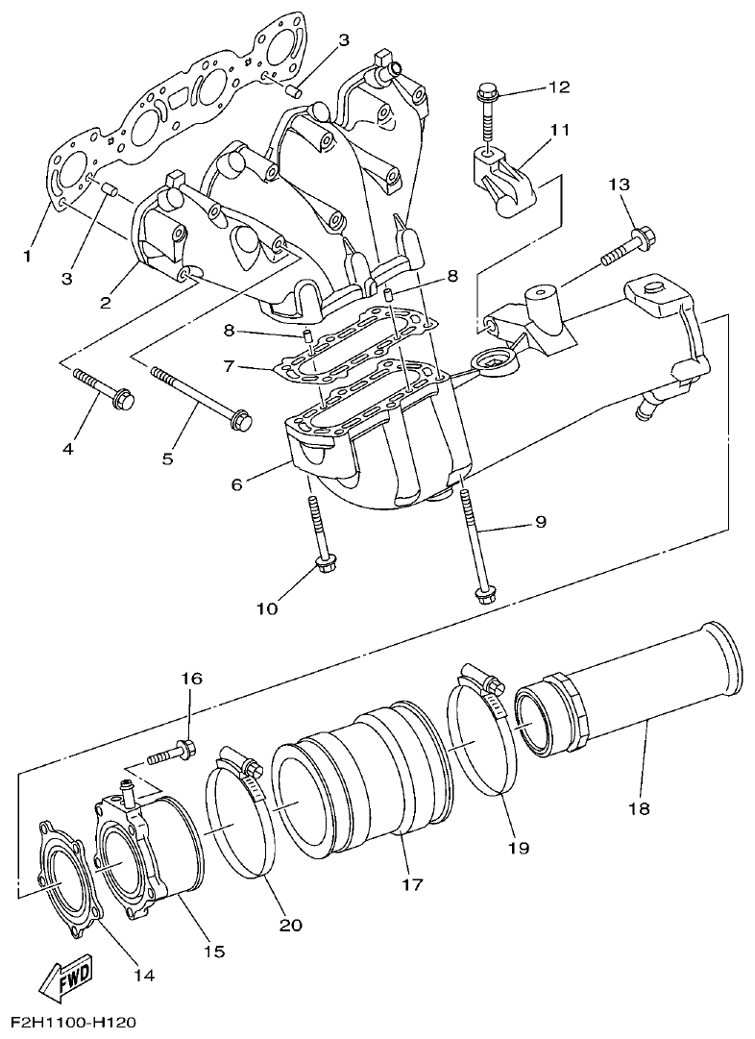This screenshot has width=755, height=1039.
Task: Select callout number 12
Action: pyautogui.click(x=559, y=87)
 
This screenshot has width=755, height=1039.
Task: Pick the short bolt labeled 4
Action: pyautogui.click(x=104, y=386)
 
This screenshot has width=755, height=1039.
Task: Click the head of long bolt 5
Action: pyautogui.click(x=242, y=420)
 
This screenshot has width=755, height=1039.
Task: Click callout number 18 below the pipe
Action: pyautogui.click(x=638, y=808)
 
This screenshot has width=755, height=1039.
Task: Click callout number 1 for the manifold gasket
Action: pyautogui.click(x=28, y=257)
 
